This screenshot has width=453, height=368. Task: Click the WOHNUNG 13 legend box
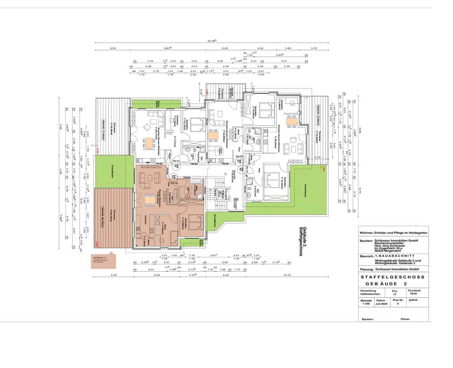(x=103, y=261)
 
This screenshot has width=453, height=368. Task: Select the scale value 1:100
(x=365, y=304)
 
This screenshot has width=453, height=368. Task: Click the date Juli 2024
(x=382, y=304)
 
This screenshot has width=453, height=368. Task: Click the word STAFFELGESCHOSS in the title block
(x=392, y=277)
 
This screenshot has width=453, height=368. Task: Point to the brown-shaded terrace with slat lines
(x=113, y=217)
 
